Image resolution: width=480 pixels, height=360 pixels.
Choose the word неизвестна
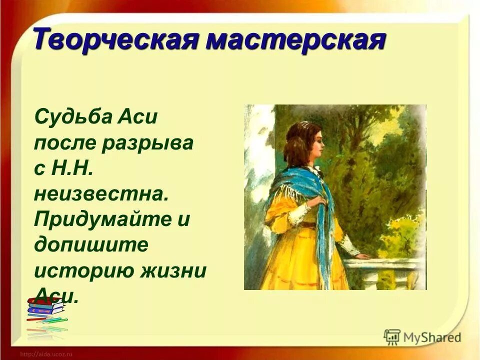tap(100, 194)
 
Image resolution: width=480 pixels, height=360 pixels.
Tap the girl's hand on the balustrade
tap(363, 255)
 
